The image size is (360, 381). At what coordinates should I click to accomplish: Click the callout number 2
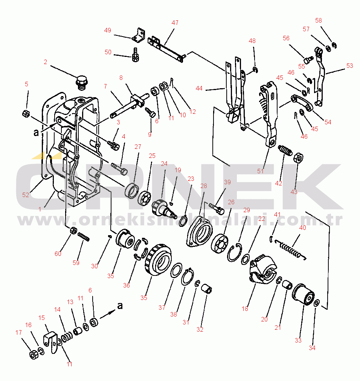point(46,62)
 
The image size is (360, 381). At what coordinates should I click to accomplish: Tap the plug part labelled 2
point(81,83)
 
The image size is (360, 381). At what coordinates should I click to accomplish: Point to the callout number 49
point(108,31)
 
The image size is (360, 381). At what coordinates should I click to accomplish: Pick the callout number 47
point(175,23)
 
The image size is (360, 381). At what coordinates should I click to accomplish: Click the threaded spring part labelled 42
point(286,151)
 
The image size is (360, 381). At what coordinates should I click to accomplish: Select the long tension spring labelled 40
point(290,248)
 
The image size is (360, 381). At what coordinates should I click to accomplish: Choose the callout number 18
point(245,309)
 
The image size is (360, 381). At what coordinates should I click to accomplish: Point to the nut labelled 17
point(33,355)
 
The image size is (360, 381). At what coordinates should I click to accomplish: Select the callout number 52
point(26,195)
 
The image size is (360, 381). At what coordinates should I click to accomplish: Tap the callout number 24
point(164,164)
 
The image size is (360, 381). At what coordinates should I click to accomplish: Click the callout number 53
point(350,66)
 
